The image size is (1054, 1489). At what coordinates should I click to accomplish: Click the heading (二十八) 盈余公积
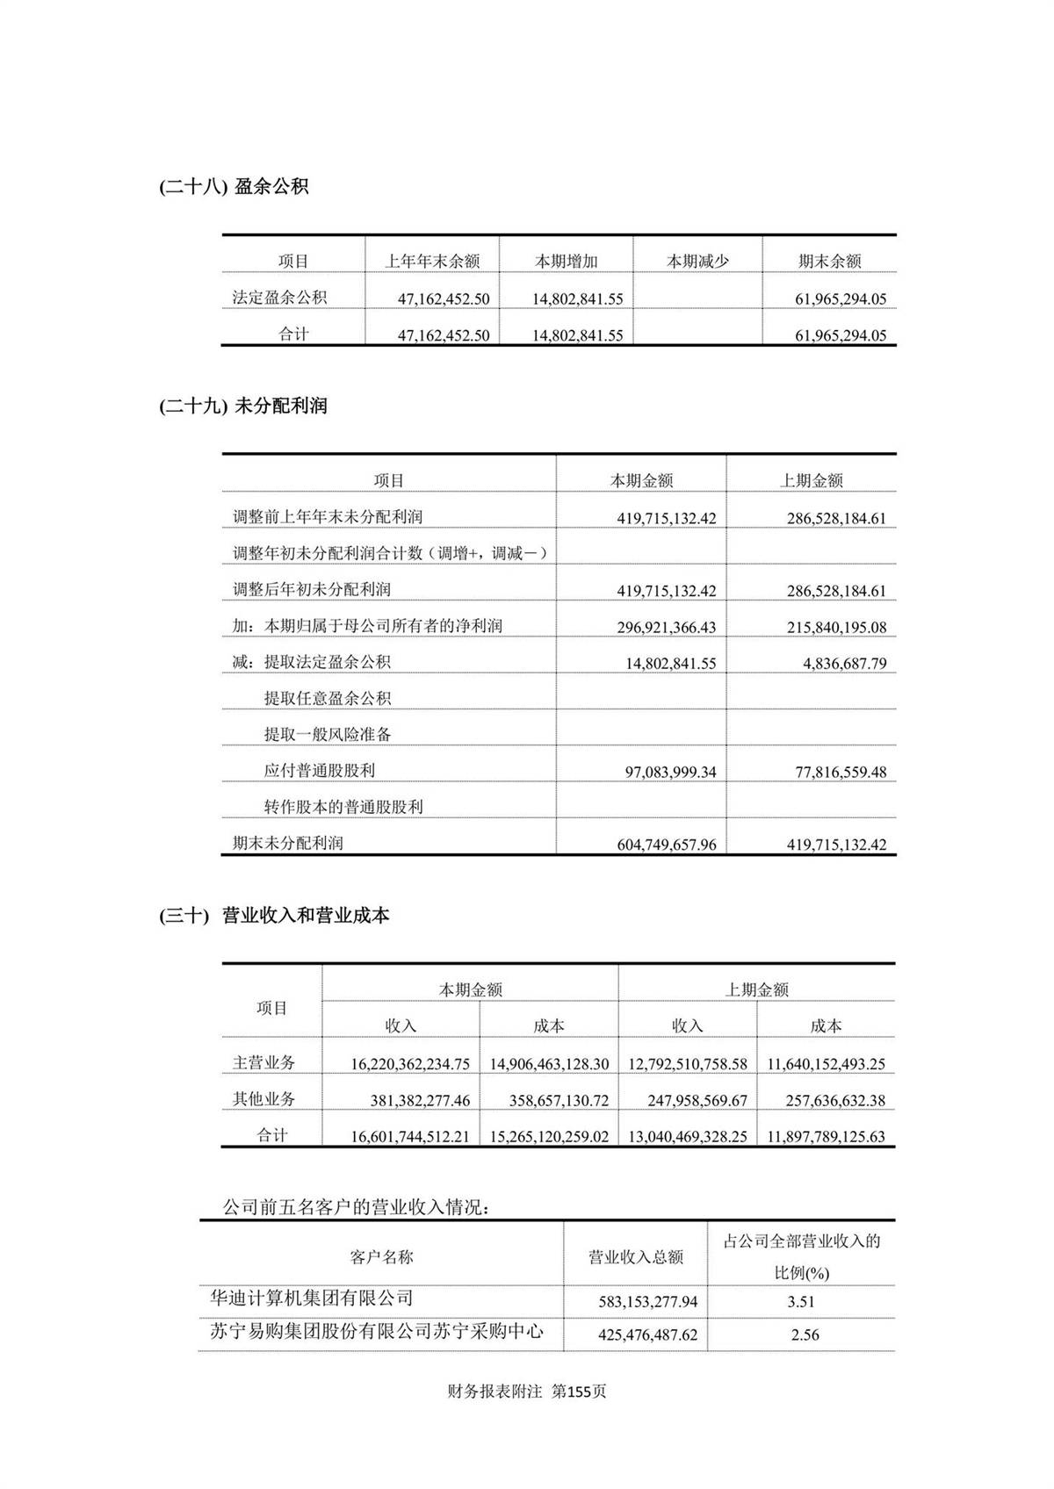pos(234,187)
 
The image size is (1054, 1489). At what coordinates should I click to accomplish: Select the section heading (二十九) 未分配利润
pos(243,406)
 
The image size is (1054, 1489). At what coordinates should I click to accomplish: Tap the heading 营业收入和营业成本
pos(305,916)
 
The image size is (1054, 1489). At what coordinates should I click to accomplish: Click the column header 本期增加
pos(566,262)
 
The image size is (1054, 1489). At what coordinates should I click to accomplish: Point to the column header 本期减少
pos(697,262)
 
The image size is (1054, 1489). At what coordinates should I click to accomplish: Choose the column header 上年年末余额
pos(432,262)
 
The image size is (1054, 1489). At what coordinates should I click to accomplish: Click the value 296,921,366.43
pos(666,628)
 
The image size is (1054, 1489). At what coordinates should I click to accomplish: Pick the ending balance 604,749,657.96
pos(666,845)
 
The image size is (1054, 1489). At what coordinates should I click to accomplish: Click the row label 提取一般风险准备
pos(328,735)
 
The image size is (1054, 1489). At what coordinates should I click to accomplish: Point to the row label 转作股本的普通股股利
pos(343,807)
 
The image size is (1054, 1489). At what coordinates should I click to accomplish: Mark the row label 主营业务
pos(263,1063)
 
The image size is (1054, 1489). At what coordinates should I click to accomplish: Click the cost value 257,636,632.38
pos(826,1101)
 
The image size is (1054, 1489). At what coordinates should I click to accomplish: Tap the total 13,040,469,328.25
pos(688,1137)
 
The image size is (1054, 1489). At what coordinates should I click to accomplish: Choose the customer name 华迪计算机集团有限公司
pos(311,1298)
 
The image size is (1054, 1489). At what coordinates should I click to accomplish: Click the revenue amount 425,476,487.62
pos(647,1335)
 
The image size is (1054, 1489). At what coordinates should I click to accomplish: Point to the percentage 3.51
pos(801,1302)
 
